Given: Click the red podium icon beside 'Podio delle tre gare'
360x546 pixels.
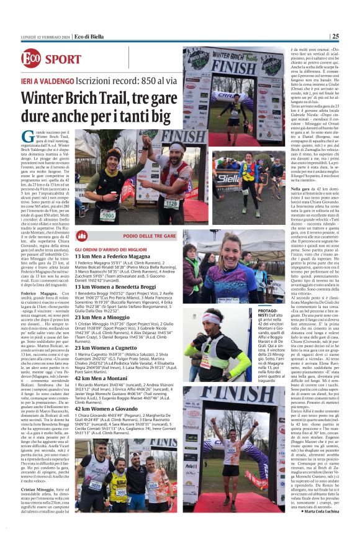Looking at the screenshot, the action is pos(81,235).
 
